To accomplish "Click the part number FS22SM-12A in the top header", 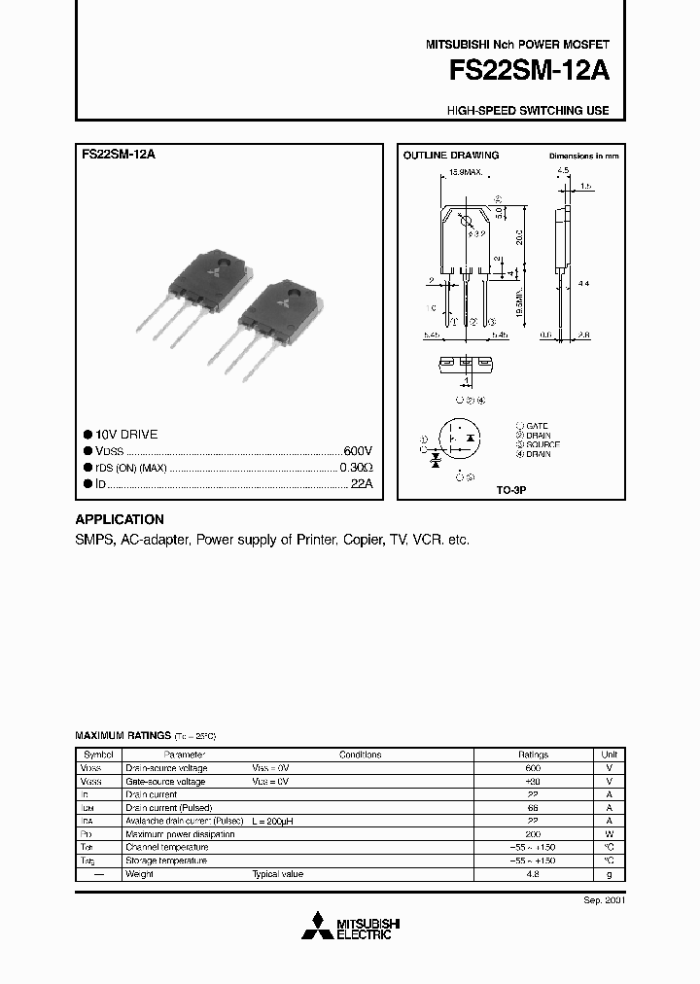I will pyautogui.click(x=529, y=73).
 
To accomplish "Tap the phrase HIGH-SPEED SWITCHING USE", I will pyautogui.click(x=528, y=111).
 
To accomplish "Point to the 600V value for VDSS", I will pyautogui.click(x=358, y=452).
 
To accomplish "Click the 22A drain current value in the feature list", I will pyautogui.click(x=362, y=483).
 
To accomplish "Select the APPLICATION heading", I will pyautogui.click(x=120, y=519).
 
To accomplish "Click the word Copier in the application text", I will pyautogui.click(x=363, y=539).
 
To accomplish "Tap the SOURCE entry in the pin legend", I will pyautogui.click(x=542, y=444).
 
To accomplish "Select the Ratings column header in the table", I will pyautogui.click(x=533, y=755).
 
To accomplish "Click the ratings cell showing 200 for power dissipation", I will pyautogui.click(x=533, y=834).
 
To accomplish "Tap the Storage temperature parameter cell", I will pyautogui.click(x=166, y=861).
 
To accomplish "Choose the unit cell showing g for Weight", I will pyautogui.click(x=609, y=874).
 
